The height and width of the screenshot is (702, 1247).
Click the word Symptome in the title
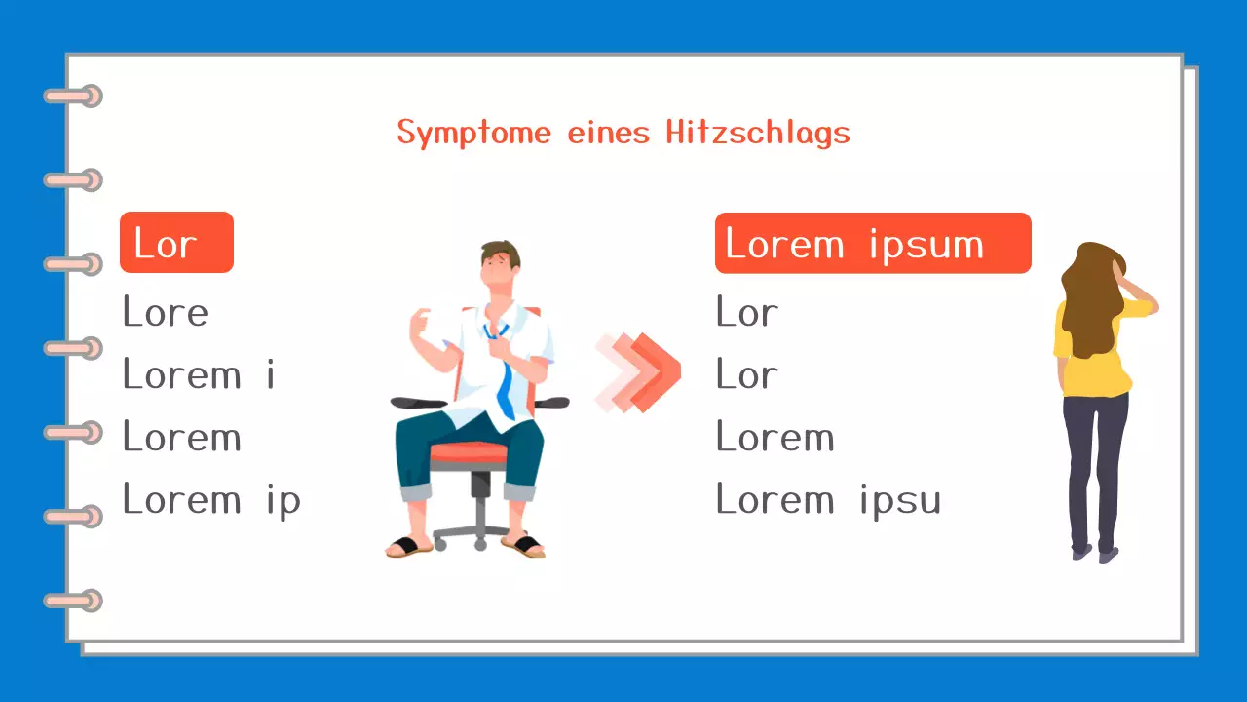click(473, 133)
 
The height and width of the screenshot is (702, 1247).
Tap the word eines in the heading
click(608, 133)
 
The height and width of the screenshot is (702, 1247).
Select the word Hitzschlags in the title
click(758, 133)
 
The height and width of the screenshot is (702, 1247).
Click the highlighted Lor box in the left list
click(176, 243)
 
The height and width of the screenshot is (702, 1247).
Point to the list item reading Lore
click(166, 313)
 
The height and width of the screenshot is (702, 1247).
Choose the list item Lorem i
click(199, 375)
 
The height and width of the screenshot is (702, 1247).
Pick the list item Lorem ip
click(211, 500)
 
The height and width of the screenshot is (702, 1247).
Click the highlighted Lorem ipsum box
click(872, 243)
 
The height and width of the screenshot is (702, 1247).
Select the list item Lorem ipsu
click(828, 500)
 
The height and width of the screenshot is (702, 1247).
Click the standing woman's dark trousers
click(1094, 468)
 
